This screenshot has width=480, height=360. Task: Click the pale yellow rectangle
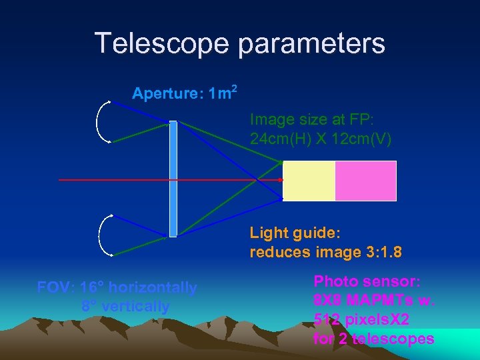coord(309,181)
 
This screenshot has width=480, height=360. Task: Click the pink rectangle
coord(365,181)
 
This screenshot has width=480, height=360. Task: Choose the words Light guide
coord(295,233)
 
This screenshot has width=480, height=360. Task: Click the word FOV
coord(55,288)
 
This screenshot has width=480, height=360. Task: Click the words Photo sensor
coord(366,281)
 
